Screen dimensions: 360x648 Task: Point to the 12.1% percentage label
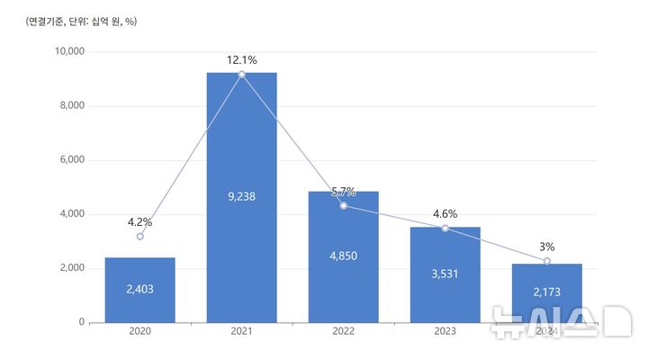[x=241, y=60]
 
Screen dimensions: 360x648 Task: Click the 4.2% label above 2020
[x=139, y=221]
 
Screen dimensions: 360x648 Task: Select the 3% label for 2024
[x=547, y=247]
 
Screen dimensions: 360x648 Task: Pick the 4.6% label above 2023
[x=445, y=214]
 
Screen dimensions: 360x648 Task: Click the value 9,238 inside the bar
[x=241, y=196]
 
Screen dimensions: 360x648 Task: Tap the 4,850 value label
[x=343, y=256]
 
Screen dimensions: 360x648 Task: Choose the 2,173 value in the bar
[x=547, y=292]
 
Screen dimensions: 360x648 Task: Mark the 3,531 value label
[x=445, y=274]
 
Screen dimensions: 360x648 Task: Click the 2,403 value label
[x=139, y=289]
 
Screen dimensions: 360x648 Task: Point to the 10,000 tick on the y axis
[x=69, y=52]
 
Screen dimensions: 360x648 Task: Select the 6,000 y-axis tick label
[x=72, y=160]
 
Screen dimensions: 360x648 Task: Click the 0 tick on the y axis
[x=81, y=322]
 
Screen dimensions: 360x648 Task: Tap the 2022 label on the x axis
[x=343, y=332]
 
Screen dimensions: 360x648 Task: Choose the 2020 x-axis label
[x=139, y=332]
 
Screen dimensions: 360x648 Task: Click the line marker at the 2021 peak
[x=241, y=74]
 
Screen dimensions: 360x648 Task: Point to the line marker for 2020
[x=139, y=237]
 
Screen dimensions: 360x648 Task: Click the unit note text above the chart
[x=81, y=20]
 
